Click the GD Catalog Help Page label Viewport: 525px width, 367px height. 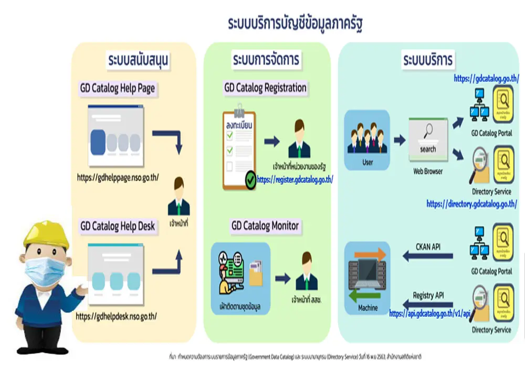tap(117, 88)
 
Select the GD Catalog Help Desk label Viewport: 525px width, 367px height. tap(118, 226)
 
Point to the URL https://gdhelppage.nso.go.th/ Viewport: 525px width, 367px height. tap(118, 178)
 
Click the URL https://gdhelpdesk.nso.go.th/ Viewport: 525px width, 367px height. tap(116, 316)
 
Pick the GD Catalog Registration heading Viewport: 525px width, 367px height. tap(265, 88)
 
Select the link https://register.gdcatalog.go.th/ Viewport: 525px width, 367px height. tap(295, 179)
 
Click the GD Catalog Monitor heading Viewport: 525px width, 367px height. tap(265, 226)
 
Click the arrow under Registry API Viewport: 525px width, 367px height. tap(427, 304)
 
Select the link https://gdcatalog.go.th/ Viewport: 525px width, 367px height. tap(486, 79)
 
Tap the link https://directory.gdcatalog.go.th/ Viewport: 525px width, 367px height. tap(471, 203)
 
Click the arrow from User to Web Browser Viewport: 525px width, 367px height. tap(399, 140)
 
